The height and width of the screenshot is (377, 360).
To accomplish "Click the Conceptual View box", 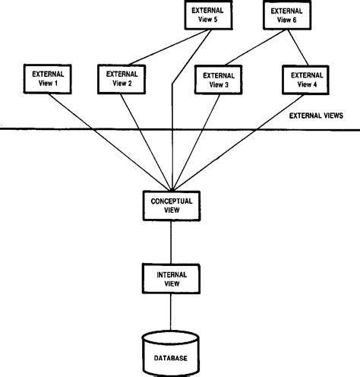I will click(x=172, y=205).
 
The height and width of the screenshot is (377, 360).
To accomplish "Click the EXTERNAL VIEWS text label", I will click(x=316, y=116).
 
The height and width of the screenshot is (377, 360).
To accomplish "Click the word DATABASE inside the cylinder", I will click(x=172, y=357).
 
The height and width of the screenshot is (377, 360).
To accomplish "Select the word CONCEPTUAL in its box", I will click(x=172, y=201).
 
